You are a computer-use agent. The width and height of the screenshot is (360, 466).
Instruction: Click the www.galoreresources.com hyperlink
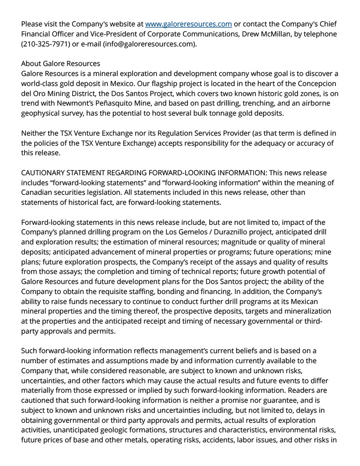(188, 24)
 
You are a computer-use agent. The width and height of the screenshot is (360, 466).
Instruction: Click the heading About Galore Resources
(61, 63)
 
